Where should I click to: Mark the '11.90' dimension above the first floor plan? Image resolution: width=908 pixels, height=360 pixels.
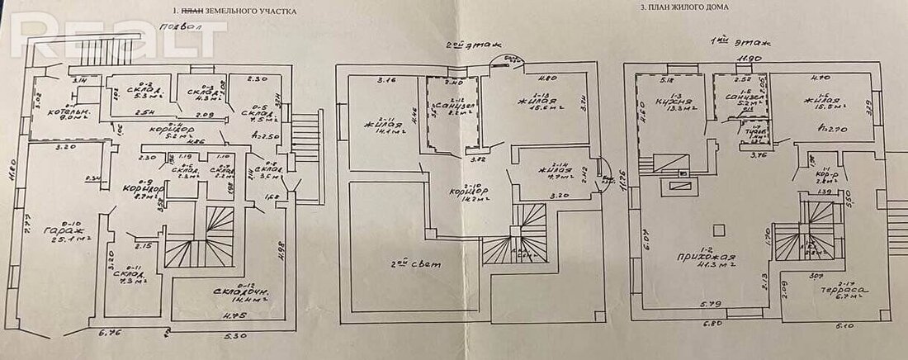(748, 59)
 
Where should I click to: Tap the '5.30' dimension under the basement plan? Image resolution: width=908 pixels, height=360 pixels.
(236, 337)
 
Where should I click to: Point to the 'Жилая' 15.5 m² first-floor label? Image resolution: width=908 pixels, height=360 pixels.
(817, 105)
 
